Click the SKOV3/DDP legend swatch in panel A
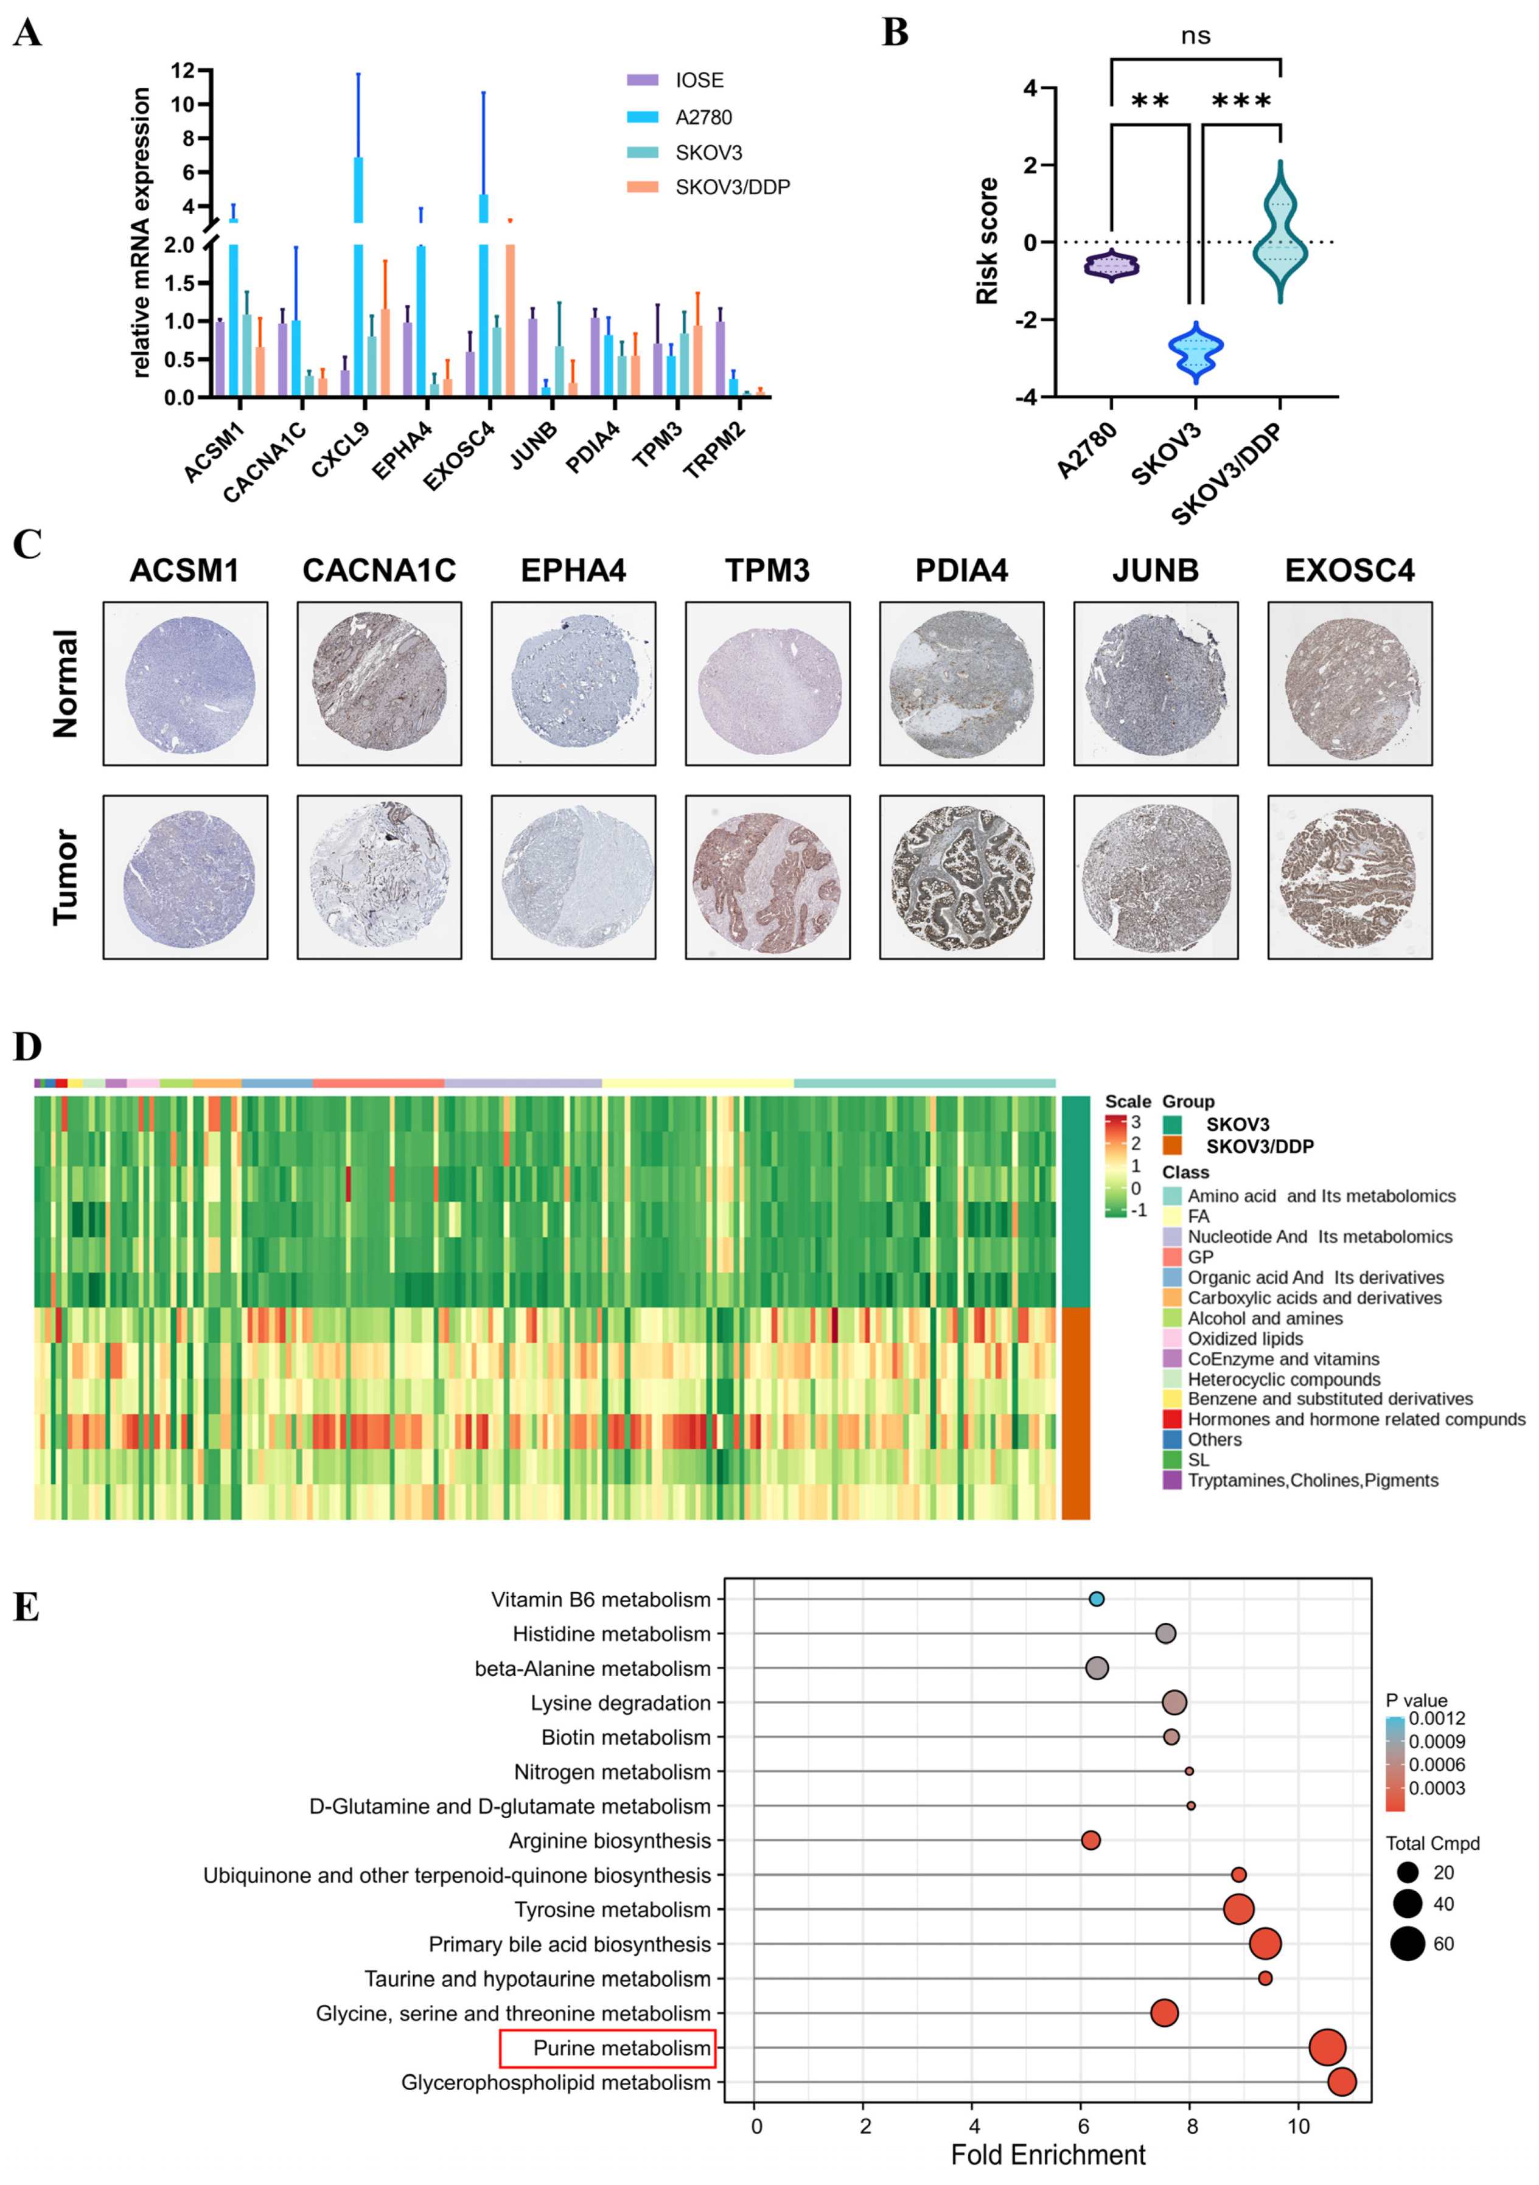[x=643, y=187]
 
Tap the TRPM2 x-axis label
[x=714, y=449]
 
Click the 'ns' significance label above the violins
[x=1195, y=36]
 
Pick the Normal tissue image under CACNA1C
[x=379, y=683]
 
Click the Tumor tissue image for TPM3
[x=767, y=877]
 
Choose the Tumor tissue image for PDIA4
[x=961, y=877]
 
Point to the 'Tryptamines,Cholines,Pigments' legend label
[x=1313, y=1480]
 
